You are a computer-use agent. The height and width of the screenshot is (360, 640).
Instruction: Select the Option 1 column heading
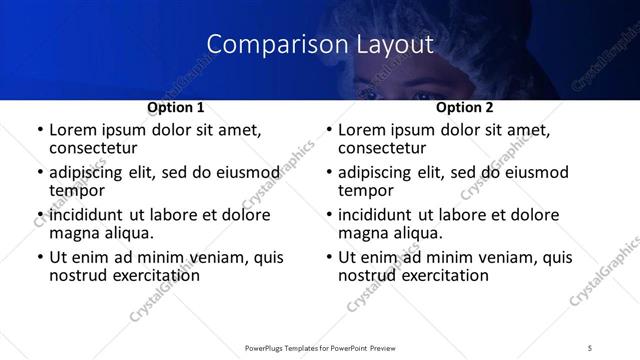175,107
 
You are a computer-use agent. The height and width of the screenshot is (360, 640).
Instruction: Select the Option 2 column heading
465,107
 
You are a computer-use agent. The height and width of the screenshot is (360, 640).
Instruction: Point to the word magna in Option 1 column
72,233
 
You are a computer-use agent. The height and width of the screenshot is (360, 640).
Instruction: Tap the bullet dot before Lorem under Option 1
39,131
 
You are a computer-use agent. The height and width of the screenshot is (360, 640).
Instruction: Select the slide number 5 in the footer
591,347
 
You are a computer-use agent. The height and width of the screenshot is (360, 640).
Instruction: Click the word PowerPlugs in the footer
269,347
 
